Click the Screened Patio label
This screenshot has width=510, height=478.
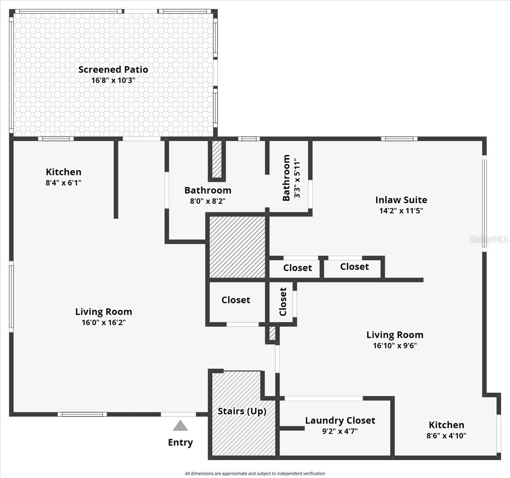coord(113,69)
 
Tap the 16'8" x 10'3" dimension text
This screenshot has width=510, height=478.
coord(113,80)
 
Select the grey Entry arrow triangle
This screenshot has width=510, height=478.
coord(180,426)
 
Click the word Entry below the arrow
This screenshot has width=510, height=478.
coord(180,442)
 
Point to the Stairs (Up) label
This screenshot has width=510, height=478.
coord(242,411)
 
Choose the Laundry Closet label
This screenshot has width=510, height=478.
coord(340,421)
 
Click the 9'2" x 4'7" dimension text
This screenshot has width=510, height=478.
coord(340,431)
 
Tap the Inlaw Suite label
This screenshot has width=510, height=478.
coord(401,200)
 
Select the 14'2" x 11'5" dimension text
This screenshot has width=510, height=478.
coord(401,211)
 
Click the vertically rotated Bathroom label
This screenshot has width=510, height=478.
coord(286,178)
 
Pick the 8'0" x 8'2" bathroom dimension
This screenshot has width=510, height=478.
coord(207,201)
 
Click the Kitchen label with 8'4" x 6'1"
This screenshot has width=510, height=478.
coord(63,172)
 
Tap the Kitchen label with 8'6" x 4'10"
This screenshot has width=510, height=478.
coord(446,425)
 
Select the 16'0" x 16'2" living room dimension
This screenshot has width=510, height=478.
coord(103,322)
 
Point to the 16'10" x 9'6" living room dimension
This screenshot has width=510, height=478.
coord(394,345)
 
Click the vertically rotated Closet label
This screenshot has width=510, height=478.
coord(283,302)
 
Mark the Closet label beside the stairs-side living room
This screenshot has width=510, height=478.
coord(235,300)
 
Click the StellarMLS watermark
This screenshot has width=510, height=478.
coord(489,239)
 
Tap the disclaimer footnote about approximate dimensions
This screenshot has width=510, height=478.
coord(255,473)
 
